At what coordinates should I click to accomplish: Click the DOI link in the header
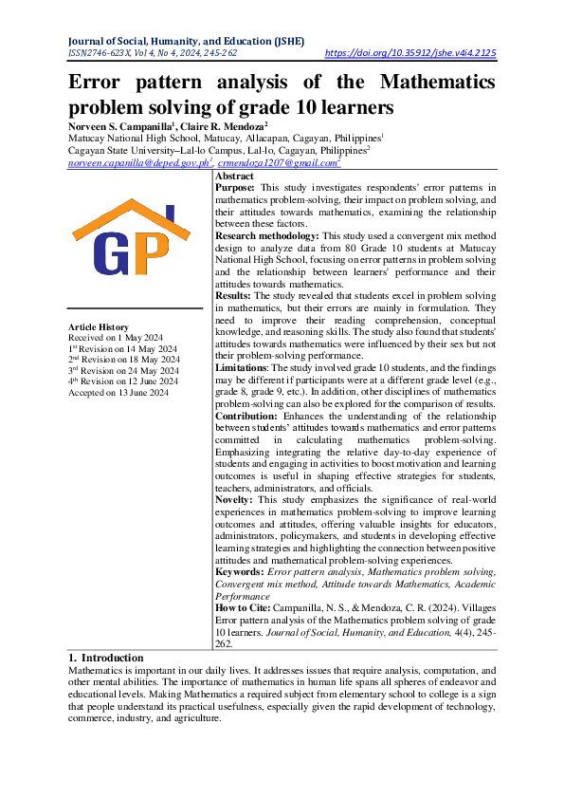click(x=410, y=54)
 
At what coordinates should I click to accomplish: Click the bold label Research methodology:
click(x=267, y=234)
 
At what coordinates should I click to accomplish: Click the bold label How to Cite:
click(x=244, y=605)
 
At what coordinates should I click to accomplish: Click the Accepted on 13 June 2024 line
click(x=118, y=392)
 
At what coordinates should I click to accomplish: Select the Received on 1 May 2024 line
click(x=116, y=338)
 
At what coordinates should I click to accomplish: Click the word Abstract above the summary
click(x=234, y=177)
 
